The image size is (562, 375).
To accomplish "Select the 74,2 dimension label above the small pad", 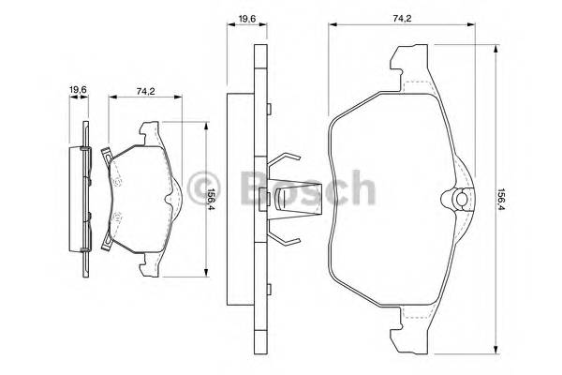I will click(x=145, y=91).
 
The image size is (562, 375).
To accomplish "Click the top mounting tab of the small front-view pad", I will click(x=150, y=128).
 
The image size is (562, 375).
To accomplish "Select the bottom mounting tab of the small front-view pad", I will click(x=150, y=268).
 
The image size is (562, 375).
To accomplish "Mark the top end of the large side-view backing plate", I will click(x=257, y=56).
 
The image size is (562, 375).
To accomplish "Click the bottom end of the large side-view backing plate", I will click(x=257, y=342).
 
